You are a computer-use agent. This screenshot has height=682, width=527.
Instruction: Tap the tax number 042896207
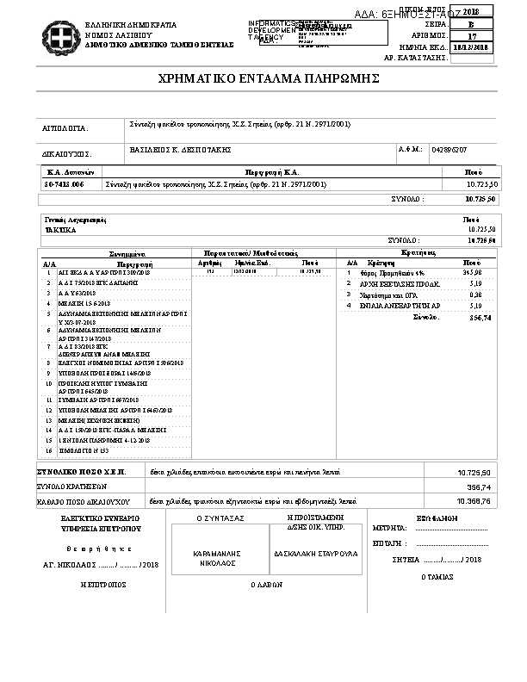(x=449, y=150)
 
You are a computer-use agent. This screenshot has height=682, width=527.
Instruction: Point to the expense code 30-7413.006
(x=65, y=184)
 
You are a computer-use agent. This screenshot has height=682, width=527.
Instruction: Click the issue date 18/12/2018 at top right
(x=474, y=47)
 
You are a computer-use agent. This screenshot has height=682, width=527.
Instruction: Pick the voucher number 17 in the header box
(x=472, y=36)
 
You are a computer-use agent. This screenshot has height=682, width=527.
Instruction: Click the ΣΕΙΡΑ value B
(x=472, y=25)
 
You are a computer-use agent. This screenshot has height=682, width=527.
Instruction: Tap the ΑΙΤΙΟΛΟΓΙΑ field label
(x=66, y=127)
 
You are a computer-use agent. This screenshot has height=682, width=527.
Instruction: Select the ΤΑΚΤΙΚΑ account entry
(x=60, y=230)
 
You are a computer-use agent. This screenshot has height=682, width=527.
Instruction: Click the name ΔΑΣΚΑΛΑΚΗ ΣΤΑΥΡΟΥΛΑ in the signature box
(x=303, y=555)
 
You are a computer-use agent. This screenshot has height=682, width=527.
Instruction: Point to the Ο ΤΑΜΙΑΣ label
(x=437, y=576)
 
